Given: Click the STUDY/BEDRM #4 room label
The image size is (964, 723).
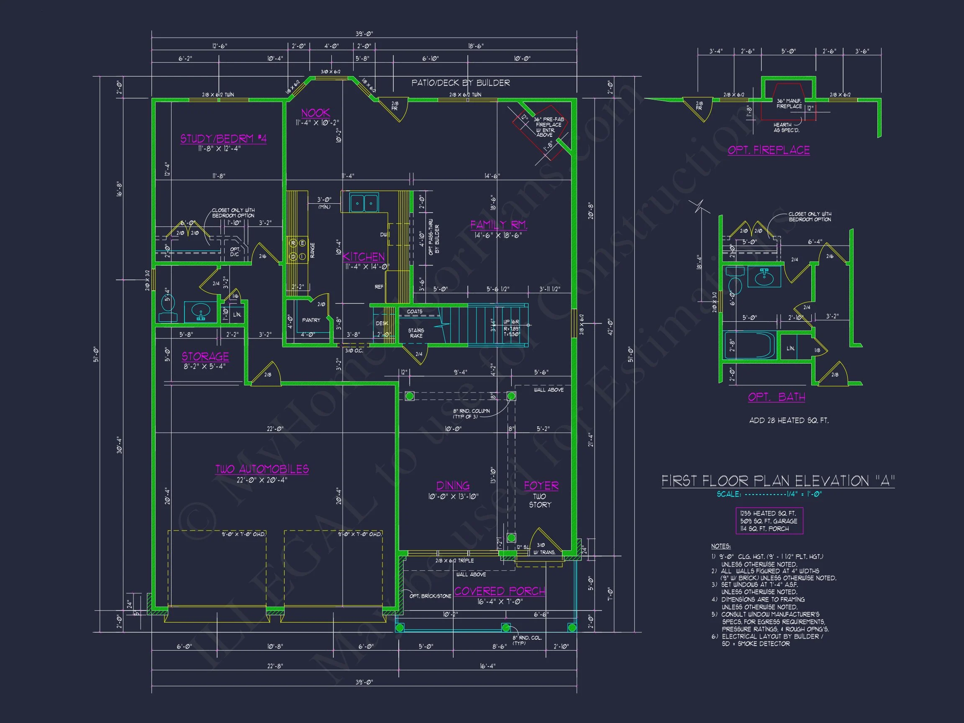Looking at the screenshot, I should [x=223, y=138].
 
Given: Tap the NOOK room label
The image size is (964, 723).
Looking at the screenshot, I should [x=315, y=113].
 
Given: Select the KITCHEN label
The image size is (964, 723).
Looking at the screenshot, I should [x=364, y=256].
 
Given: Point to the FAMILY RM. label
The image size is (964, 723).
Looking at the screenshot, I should [x=499, y=225].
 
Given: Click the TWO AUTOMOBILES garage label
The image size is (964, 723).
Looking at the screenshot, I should [x=262, y=469].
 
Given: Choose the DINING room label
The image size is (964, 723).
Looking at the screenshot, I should [x=453, y=485].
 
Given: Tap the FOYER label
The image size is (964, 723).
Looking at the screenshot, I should [x=541, y=485].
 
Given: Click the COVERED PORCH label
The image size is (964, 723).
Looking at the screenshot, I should [x=500, y=591].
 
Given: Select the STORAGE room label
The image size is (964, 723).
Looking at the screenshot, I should [x=205, y=356].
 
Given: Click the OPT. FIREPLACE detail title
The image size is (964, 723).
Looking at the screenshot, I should [x=768, y=150].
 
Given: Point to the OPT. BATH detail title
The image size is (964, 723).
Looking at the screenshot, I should [x=776, y=397].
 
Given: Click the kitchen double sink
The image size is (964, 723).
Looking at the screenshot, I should [x=364, y=203].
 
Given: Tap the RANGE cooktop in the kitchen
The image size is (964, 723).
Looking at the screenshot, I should [x=297, y=250].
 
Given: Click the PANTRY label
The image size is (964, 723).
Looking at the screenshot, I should [x=311, y=320].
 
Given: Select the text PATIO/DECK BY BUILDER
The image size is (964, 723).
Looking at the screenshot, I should [x=460, y=83].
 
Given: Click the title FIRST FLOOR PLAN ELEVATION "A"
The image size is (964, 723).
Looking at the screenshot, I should [x=778, y=481].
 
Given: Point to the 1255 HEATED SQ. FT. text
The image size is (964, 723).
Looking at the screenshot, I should [x=768, y=513].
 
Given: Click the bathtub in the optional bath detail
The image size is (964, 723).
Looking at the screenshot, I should [x=750, y=346].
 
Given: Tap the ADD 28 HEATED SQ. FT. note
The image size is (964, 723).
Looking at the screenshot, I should [x=788, y=420].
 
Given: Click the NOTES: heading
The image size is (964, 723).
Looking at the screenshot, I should [x=721, y=546].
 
